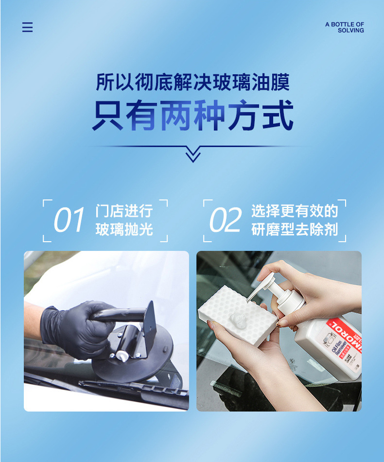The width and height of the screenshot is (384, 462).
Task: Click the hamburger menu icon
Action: (x=27, y=27)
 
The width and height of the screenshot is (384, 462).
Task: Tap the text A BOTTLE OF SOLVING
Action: (x=345, y=27)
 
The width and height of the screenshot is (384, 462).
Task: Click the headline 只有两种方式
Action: (x=193, y=115)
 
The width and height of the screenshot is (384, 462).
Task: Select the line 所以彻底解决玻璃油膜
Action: (x=193, y=82)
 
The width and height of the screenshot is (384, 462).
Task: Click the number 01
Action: (x=69, y=220)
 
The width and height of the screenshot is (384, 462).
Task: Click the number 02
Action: (x=225, y=220)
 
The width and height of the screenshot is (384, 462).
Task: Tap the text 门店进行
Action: (x=124, y=211)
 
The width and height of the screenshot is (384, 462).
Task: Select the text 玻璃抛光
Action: (x=124, y=229)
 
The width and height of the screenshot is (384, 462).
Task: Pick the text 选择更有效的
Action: (x=295, y=211)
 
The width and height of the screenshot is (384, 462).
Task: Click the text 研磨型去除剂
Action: (x=295, y=229)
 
